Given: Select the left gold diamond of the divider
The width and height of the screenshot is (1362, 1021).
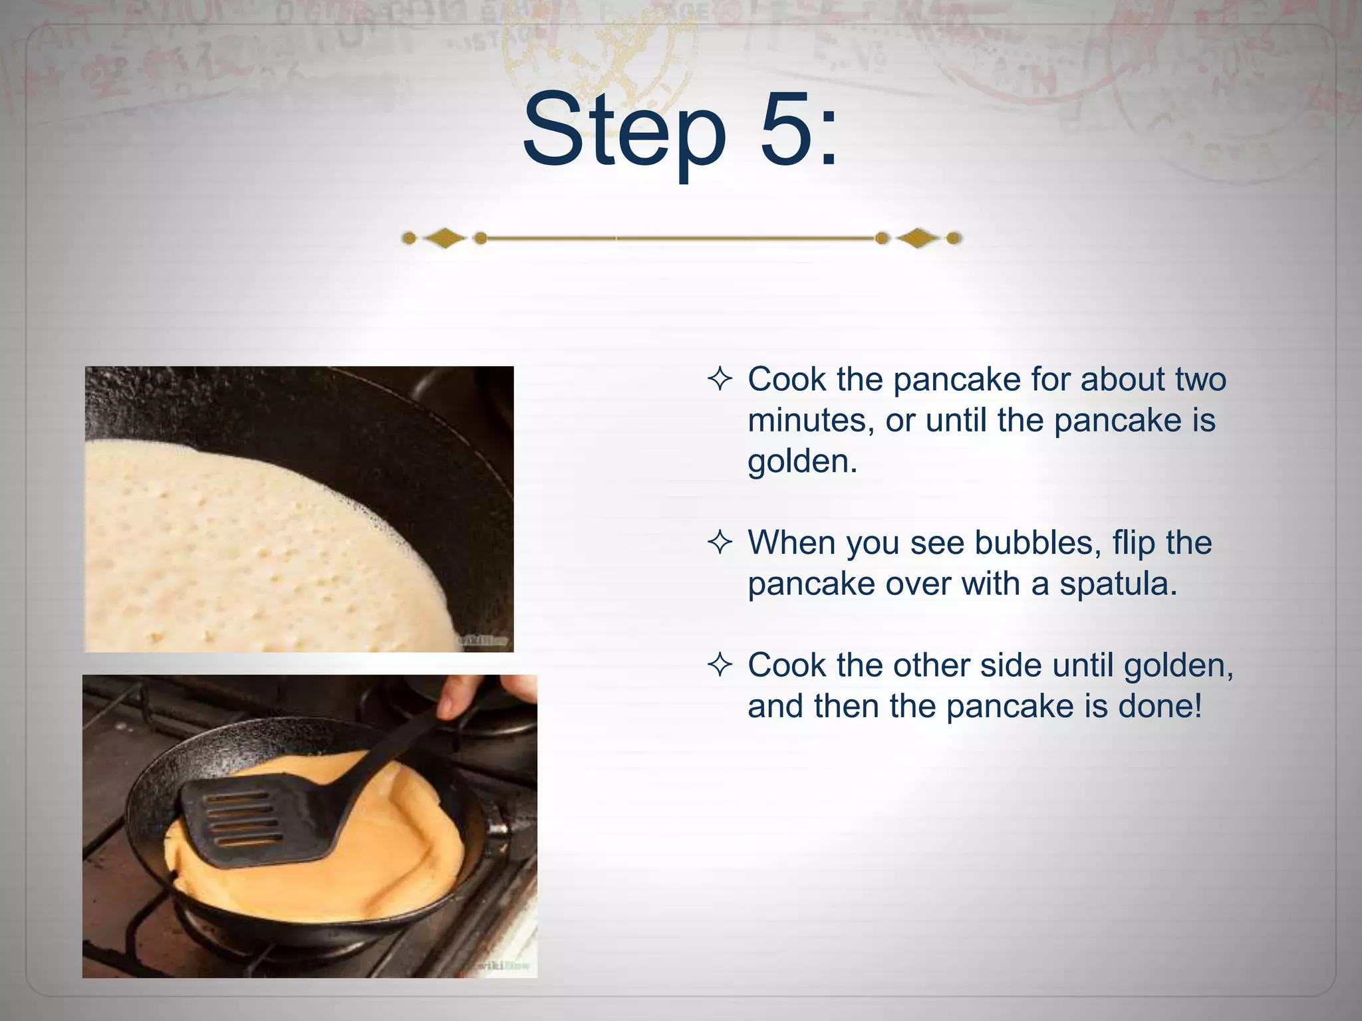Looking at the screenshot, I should (x=445, y=238).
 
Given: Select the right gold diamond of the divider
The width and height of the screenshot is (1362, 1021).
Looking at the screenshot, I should (x=918, y=238).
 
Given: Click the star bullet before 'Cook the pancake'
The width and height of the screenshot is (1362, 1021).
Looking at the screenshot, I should (x=720, y=380).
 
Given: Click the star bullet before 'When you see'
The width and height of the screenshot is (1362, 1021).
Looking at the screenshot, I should (x=720, y=543).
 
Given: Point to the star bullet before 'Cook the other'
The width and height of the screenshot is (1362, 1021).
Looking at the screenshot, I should (x=720, y=665).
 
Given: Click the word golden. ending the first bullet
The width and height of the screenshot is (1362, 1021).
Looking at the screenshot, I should (x=802, y=462).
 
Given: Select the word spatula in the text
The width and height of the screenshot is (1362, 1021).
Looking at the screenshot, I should (x=1118, y=584).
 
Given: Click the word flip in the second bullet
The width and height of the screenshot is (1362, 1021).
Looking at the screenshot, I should (x=1133, y=543).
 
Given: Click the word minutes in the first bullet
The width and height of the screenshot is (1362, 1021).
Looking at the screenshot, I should (x=811, y=421).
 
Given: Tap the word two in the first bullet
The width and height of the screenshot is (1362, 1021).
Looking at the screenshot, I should (x=1200, y=380).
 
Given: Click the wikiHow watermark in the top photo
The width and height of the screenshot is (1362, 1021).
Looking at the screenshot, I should (x=483, y=641).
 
